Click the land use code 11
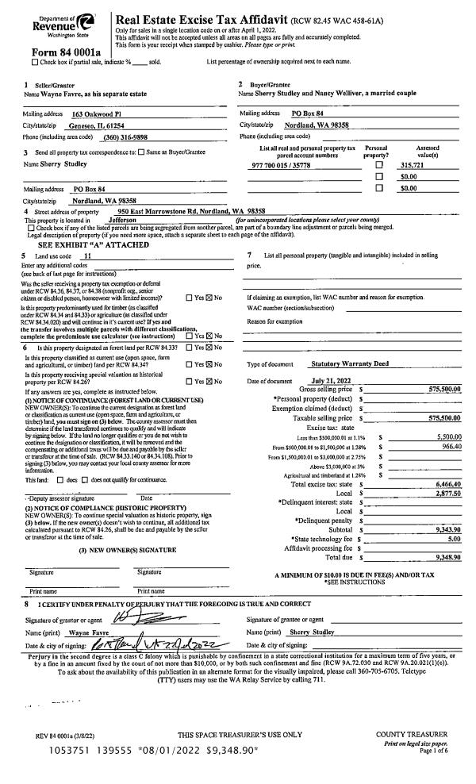coord(87,258)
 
